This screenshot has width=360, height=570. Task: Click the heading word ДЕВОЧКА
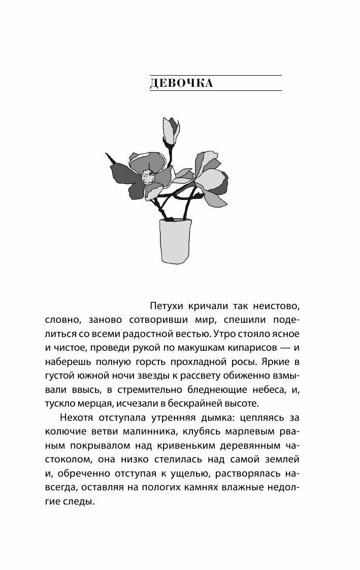click(182, 83)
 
